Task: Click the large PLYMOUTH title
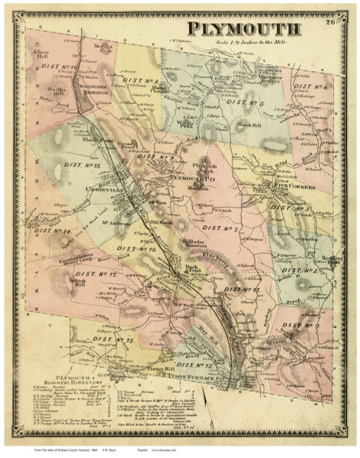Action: tap(244, 30)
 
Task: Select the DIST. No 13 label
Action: tap(118, 338)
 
